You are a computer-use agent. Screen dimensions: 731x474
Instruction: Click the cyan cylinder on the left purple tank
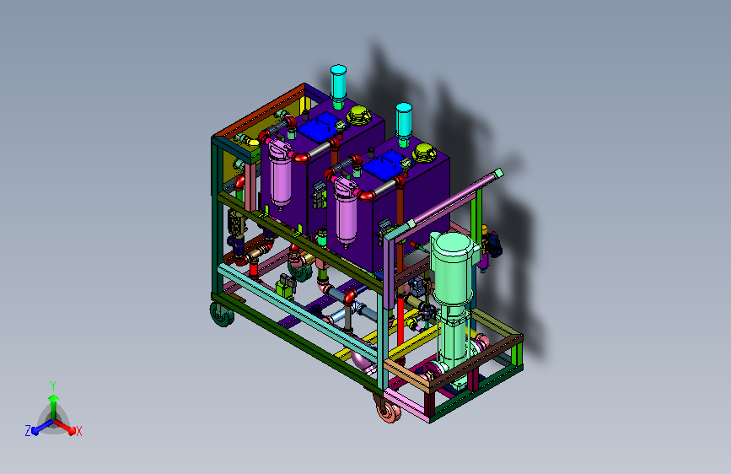click(338, 82)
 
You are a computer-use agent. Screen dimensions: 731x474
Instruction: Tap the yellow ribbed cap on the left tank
click(358, 115)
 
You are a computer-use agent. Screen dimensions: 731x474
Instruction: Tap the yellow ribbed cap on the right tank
click(424, 153)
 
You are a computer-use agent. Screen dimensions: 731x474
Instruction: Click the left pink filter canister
click(280, 174)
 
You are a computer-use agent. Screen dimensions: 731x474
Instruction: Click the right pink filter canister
click(346, 213)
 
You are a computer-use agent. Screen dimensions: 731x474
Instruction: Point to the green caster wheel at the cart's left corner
click(223, 314)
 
